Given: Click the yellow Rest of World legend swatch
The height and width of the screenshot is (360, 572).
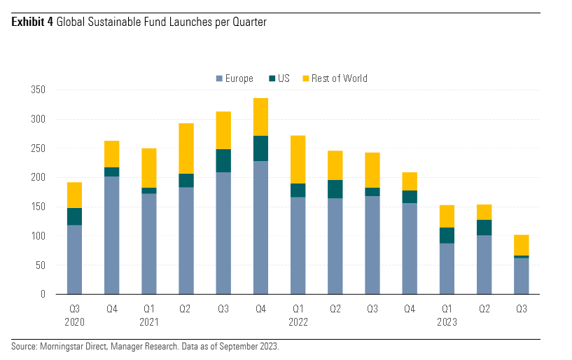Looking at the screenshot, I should point(305,78).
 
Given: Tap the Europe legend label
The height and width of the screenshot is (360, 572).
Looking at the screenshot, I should point(239,78).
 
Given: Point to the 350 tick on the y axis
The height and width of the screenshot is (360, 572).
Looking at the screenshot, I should point(38,90).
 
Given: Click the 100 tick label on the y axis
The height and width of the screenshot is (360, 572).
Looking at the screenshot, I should point(38,236).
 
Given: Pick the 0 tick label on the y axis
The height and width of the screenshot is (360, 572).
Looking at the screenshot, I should point(43,294).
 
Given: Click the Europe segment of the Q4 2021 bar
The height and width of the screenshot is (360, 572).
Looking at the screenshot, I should point(260,228).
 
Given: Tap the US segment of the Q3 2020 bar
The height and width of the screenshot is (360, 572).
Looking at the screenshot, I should point(75,216).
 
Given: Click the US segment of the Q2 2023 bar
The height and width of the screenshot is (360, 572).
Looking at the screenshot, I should point(483,228).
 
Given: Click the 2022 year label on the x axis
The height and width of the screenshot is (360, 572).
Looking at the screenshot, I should point(298,322).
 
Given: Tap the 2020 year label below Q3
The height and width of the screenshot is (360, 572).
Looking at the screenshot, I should point(75,322).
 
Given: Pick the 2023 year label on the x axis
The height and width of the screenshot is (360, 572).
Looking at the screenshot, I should point(446,322).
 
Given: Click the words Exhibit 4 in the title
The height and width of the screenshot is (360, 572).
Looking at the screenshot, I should point(32,22).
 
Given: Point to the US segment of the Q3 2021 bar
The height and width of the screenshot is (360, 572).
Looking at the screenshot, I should point(223,160).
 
